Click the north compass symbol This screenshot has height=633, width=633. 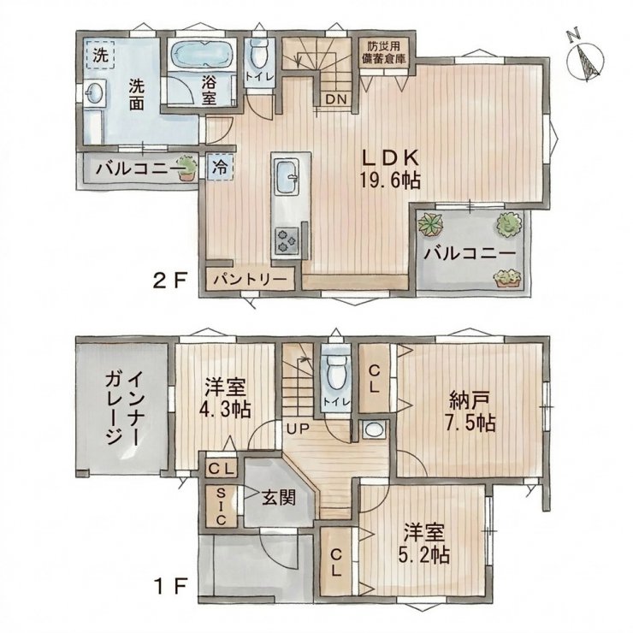pos(585,58)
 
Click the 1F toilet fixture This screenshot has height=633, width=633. pos(336,371)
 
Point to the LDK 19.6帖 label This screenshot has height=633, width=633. pos(390,169)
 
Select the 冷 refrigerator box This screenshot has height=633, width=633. pos(221,168)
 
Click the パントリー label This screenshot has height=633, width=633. pos(251,279)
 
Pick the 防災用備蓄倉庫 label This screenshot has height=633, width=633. pos(383,51)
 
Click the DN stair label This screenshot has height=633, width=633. pos(337,99)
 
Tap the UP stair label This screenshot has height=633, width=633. pos(298,428)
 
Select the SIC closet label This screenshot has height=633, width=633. pos(221,506)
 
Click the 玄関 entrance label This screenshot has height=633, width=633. pos(279,497)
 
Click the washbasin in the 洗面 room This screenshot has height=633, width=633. pos(96,93)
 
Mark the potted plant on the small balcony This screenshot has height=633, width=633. pos(187,168)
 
